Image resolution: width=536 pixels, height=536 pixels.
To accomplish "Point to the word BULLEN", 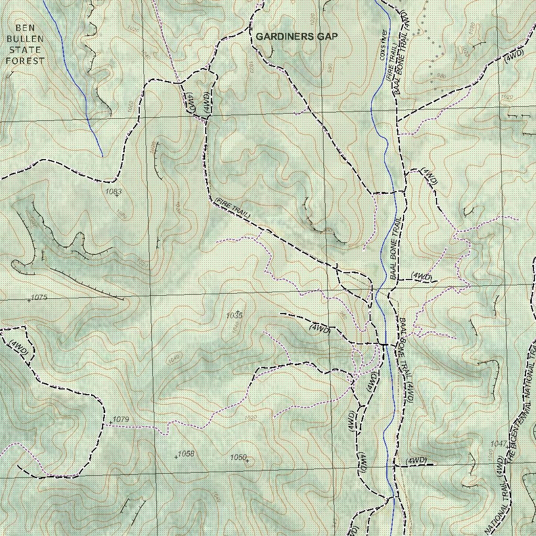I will pyautogui.click(x=25, y=39).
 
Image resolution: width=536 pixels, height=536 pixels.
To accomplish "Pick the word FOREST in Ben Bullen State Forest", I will pyautogui.click(x=25, y=61).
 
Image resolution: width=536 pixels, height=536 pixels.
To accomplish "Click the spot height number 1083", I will pyautogui.click(x=113, y=192).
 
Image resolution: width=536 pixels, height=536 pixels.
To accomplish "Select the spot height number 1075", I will pyautogui.click(x=39, y=297).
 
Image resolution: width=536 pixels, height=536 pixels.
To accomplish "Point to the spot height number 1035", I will pyautogui.click(x=234, y=316).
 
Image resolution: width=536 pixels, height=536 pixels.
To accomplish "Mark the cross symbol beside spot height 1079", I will pyautogui.click(x=110, y=422).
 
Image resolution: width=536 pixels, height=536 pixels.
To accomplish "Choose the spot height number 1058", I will pyautogui.click(x=186, y=454).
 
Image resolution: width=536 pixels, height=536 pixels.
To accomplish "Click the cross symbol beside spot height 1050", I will pyautogui.click(x=247, y=461).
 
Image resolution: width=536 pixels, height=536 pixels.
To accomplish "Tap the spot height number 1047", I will pyautogui.click(x=498, y=444).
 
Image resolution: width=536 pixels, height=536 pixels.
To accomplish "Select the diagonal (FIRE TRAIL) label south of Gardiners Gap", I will pyautogui.click(x=233, y=208).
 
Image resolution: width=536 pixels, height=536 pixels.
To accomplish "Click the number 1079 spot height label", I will pyautogui.click(x=121, y=419).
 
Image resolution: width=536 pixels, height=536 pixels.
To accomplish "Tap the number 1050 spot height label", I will pyautogui.click(x=238, y=457).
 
